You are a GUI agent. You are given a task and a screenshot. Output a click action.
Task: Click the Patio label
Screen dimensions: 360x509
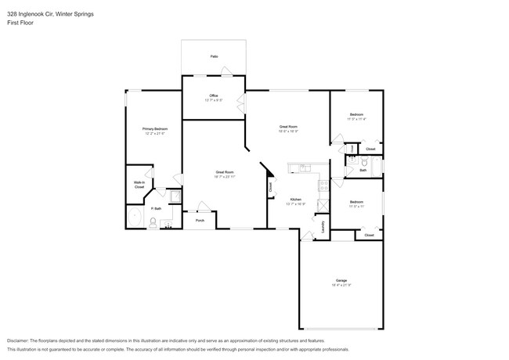[214, 56]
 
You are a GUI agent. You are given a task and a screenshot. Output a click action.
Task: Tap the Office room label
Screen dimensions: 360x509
[214, 95]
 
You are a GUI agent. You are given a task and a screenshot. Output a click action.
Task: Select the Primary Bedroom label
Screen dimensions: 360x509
[154, 128]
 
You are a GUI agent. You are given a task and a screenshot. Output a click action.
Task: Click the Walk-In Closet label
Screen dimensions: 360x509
[139, 185]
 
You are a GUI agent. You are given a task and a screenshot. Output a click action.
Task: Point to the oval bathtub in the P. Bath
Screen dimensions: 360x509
[135, 218]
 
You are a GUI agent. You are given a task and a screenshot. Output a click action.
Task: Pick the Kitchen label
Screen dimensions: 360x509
[296, 200]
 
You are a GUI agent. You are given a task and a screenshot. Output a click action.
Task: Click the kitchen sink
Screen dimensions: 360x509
[300, 168]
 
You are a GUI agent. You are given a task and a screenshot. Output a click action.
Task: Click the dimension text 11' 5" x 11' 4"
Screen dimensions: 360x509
[356, 119]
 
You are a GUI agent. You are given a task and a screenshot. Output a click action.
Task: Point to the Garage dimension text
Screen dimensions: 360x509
[341, 285]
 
